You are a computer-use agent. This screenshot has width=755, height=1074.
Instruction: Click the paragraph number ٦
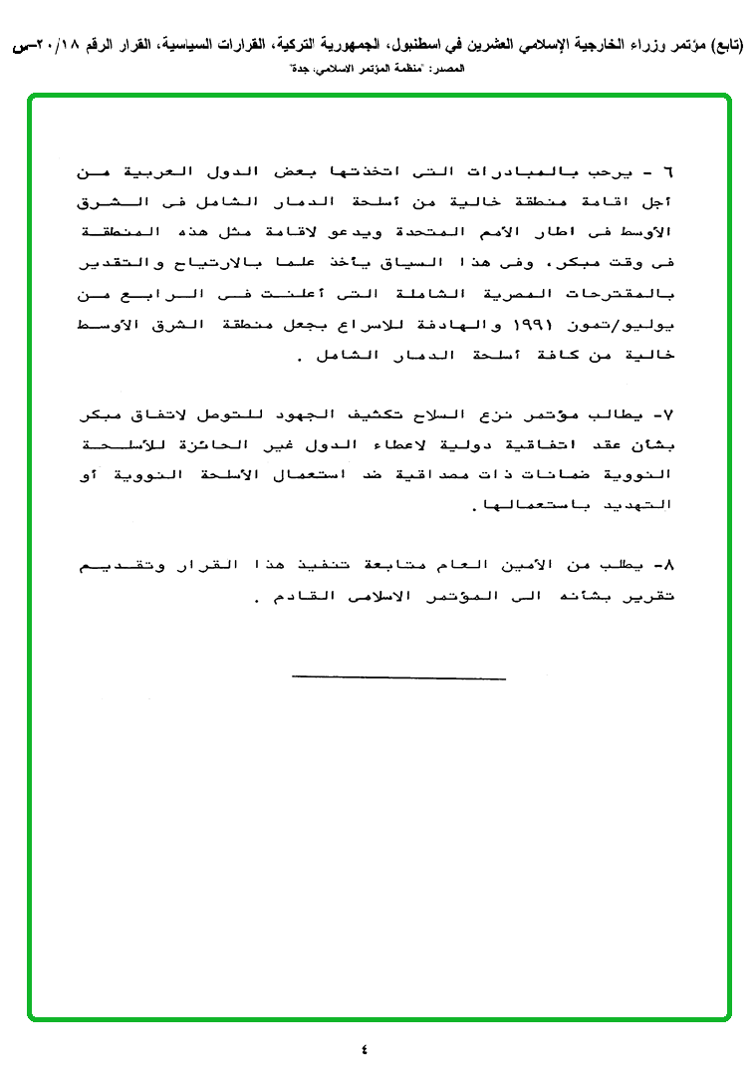(668, 172)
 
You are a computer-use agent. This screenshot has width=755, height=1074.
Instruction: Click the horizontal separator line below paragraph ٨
(398, 679)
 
